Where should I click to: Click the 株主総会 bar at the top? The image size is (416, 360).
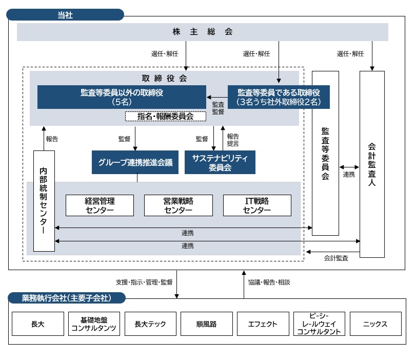[203, 32]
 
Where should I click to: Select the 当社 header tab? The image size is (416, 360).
[65, 15]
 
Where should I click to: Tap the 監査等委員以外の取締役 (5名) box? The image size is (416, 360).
[122, 97]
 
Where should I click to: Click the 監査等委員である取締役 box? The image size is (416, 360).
[279, 97]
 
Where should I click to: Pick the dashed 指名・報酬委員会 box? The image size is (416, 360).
[165, 117]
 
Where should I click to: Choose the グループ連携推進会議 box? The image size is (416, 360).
[135, 162]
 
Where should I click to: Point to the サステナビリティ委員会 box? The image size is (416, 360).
[220, 162]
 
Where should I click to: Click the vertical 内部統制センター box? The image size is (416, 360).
[44, 201]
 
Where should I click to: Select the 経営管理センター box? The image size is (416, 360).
[100, 205]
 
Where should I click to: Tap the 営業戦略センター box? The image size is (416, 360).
[179, 205]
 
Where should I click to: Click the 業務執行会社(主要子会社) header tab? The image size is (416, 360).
[67, 298]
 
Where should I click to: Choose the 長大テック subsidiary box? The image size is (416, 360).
[151, 324]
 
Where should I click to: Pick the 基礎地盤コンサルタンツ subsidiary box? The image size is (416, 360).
[94, 324]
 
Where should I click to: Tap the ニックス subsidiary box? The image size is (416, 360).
[375, 324]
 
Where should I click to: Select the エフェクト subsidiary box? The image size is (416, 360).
[263, 324]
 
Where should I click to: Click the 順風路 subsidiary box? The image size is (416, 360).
[207, 324]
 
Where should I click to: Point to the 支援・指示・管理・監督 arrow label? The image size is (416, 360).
[144, 282]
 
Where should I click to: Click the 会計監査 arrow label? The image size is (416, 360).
[336, 258]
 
